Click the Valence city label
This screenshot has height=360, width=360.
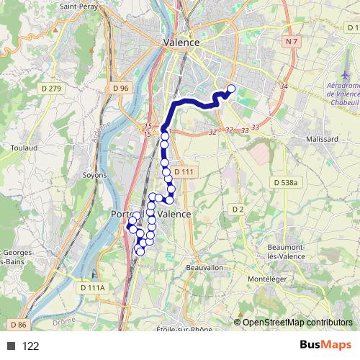(181, 43)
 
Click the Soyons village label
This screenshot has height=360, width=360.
(95, 175)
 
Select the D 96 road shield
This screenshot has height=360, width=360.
(120, 88)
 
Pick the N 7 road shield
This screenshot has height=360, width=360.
(291, 43)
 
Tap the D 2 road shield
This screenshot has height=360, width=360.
(238, 209)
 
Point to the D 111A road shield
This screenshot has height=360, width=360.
(91, 287)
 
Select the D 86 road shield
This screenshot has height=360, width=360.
(17, 325)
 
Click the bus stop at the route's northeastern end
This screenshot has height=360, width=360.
(231, 89)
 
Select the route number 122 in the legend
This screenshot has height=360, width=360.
(31, 346)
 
